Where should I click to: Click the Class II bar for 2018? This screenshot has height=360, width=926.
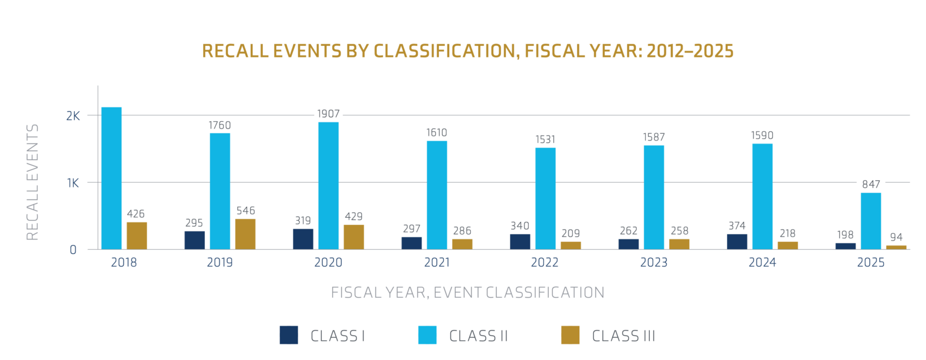point(112,178)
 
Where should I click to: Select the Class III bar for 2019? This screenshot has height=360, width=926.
point(245,235)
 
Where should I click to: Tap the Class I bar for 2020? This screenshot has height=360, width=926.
point(303,239)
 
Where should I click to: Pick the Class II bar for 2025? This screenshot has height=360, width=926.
point(871,221)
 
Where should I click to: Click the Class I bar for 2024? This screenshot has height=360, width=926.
point(737,242)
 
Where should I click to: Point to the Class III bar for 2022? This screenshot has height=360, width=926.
point(570,245)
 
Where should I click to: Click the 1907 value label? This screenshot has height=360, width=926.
point(328,114)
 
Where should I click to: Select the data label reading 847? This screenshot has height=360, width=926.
point(871,185)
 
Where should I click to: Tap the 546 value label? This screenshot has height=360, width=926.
point(245,211)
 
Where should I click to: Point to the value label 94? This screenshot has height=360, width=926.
point(896,237)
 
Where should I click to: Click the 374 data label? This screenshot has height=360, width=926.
point(737,226)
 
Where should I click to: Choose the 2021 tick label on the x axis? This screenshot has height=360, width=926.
point(436,262)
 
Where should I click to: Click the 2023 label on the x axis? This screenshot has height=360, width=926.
point(654,262)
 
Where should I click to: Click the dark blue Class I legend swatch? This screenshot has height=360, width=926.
point(289,335)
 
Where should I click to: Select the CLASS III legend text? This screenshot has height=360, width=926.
point(623,336)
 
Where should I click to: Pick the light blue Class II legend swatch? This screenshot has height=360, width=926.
point(427,335)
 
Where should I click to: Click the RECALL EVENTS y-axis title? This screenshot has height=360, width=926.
point(32,182)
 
